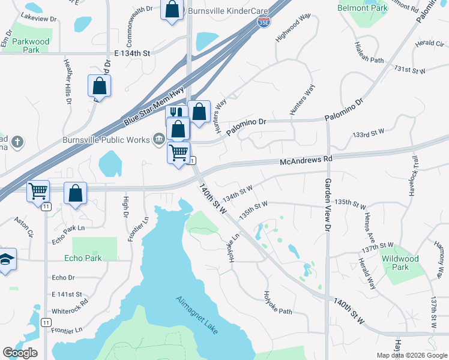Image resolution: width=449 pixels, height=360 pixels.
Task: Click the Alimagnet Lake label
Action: point(197,314)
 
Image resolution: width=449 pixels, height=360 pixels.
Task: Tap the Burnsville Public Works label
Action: point(106,140)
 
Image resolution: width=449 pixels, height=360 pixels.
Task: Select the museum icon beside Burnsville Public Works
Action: point(158,140)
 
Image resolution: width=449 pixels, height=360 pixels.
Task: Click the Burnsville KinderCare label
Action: point(222,11)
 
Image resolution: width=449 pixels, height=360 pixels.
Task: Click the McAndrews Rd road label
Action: point(306,160)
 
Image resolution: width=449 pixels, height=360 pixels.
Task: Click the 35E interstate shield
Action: point(264,22)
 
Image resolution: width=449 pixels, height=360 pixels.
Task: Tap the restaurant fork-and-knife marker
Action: point(175,112)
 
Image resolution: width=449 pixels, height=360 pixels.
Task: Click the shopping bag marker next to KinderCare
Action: point(172,10)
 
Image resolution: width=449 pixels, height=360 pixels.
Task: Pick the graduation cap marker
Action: point(6,259)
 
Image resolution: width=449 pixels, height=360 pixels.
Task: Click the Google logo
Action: point(20,353)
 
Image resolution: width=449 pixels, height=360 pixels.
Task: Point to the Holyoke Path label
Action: point(277,303)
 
